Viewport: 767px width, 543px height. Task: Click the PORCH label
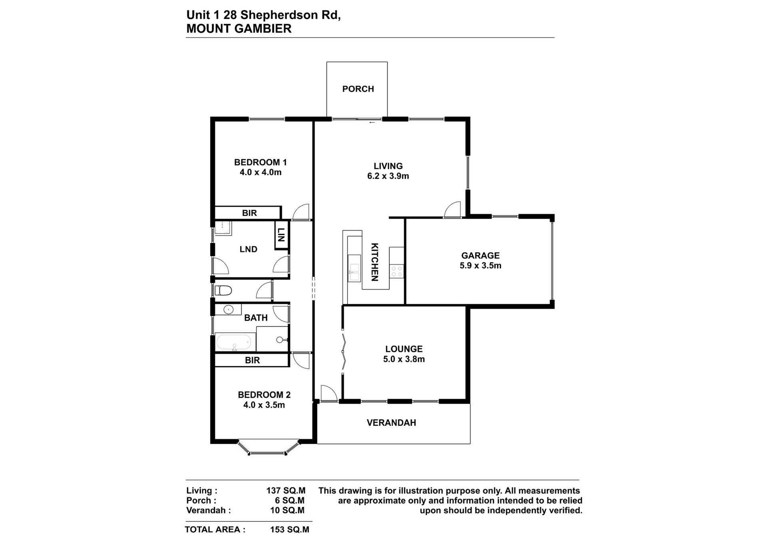coord(358,89)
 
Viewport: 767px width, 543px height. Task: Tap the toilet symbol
coord(223,290)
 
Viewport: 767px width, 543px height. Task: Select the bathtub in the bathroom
coord(234,343)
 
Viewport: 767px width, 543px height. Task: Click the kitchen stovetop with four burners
coord(397,271)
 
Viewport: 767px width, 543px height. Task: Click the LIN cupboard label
coord(281,235)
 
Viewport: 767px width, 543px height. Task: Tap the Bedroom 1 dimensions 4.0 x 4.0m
coord(260,172)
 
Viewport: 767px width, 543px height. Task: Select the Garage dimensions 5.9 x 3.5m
coord(481,266)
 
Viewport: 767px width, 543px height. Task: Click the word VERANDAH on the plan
coord(391,423)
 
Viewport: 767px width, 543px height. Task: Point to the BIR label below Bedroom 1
coord(249,213)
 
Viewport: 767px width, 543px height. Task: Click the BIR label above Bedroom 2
coord(252,360)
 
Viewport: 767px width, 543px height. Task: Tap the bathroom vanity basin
coord(228,309)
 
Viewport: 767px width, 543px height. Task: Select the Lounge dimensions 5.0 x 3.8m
coord(404,359)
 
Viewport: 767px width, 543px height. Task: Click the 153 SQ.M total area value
coord(290,529)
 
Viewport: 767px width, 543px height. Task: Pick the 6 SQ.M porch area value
coord(290,501)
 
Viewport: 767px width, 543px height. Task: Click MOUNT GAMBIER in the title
coord(239,29)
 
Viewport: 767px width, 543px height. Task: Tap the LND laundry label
coord(248,249)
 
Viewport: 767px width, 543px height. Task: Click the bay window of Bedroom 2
coord(268,448)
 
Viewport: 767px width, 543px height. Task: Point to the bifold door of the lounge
coord(343,352)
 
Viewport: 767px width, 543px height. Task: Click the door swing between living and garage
coord(453,209)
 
